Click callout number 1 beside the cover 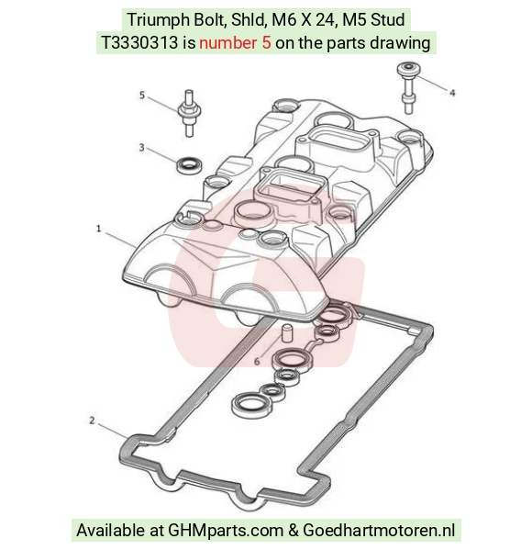coord(98,229)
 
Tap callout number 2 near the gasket coord(92,421)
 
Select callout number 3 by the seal coord(141,147)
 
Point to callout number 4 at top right coord(452,93)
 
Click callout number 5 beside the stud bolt coord(142,95)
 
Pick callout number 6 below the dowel coord(257,361)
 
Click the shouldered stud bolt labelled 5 coord(189,113)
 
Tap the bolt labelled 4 coord(408,88)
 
